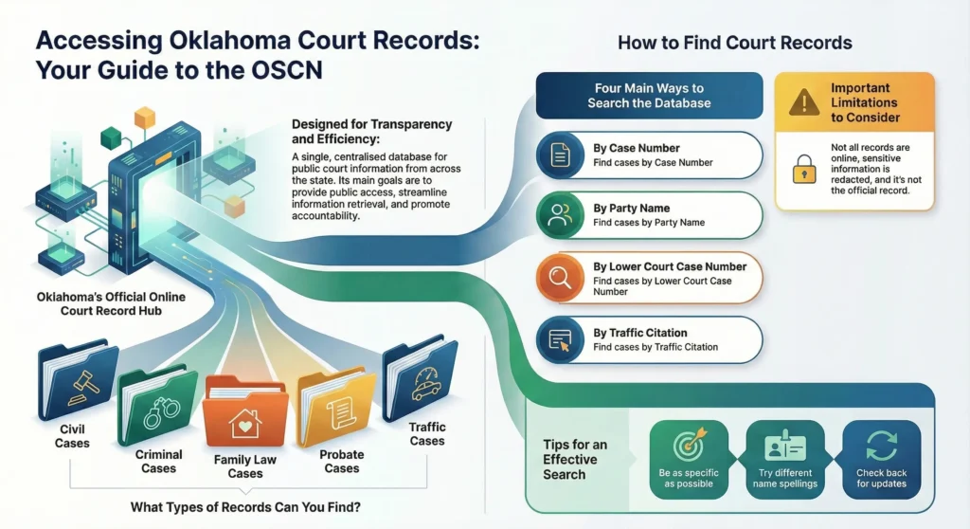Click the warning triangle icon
[804, 101]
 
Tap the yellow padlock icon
[804, 169]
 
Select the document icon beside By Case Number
[561, 155]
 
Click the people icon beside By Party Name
[561, 215]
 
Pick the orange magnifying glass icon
[561, 277]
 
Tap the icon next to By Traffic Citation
[561, 340]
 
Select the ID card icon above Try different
[785, 446]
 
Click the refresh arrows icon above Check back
[882, 446]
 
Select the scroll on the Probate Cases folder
[339, 413]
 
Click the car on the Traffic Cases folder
[426, 385]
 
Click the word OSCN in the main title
[286, 69]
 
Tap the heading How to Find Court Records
[735, 42]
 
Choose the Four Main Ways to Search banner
[650, 96]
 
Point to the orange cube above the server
[144, 118]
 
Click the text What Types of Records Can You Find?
[245, 507]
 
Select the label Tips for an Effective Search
[575, 460]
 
